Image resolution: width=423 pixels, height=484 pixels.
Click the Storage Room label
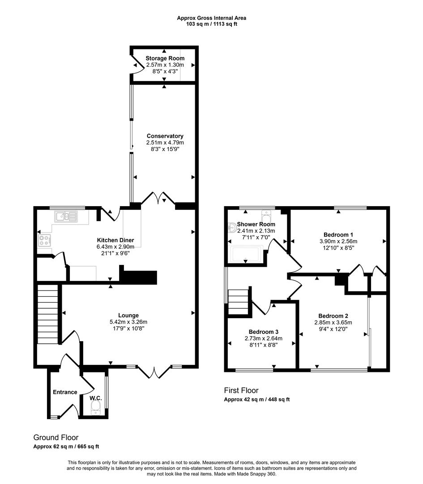click(165, 58)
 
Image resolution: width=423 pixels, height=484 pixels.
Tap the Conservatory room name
click(165, 136)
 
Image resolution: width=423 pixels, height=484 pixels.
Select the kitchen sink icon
click(66, 217)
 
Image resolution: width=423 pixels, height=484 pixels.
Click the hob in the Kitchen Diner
click(45, 241)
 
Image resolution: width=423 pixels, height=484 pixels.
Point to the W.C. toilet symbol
click(95, 407)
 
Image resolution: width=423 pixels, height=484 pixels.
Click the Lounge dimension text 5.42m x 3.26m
click(128, 322)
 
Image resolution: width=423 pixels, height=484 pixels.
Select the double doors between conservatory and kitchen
click(158, 199)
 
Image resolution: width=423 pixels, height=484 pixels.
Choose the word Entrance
click(65, 392)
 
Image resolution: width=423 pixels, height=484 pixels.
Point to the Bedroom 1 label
click(338, 234)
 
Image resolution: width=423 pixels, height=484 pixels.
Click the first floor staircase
click(238, 302)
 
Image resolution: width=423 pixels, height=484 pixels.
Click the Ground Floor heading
click(56, 437)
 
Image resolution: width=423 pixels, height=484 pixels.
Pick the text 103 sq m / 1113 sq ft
click(211, 24)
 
